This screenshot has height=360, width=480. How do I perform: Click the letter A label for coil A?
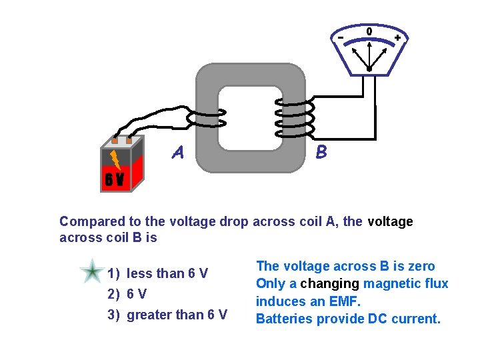pyautogui.click(x=177, y=153)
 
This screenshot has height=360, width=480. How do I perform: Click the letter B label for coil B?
pyautogui.click(x=321, y=153)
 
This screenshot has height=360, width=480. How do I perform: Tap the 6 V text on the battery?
pyautogui.click(x=113, y=179)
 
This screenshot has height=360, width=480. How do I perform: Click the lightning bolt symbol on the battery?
pyautogui.click(x=115, y=159)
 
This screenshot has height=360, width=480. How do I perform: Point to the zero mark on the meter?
pyautogui.click(x=369, y=31)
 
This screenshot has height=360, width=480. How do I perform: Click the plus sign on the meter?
pyautogui.click(x=397, y=38)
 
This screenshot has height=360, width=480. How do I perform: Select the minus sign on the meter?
pyautogui.click(x=340, y=38)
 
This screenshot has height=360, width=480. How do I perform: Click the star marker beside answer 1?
pyautogui.click(x=91, y=273)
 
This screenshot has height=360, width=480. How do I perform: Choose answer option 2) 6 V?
pyautogui.click(x=128, y=294)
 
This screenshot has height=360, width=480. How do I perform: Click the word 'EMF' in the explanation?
pyautogui.click(x=343, y=301)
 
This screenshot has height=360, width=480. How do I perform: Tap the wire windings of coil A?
pyautogui.click(x=206, y=119)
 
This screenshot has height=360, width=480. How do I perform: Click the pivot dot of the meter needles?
pyautogui.click(x=369, y=68)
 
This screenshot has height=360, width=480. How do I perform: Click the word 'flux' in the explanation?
pyautogui.click(x=436, y=284)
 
